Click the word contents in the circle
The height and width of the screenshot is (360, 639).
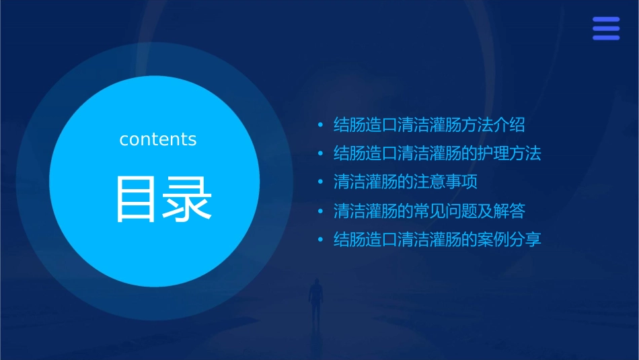click(158, 139)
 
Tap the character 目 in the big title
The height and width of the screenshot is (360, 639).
click(136, 199)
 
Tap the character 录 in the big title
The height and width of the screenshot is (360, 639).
click(184, 199)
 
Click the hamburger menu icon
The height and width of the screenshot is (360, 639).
click(606, 28)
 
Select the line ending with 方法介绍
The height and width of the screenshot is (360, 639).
click(429, 124)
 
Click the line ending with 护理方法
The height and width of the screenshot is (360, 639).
click(437, 153)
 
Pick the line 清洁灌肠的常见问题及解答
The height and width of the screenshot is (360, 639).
click(429, 211)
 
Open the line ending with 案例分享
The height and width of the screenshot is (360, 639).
click(437, 240)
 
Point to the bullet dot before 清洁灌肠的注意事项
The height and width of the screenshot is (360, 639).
click(321, 182)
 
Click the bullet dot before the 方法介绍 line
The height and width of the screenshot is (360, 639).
click(321, 125)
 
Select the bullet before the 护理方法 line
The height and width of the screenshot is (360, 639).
click(321, 154)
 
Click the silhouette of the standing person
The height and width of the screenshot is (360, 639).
click(315, 299)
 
